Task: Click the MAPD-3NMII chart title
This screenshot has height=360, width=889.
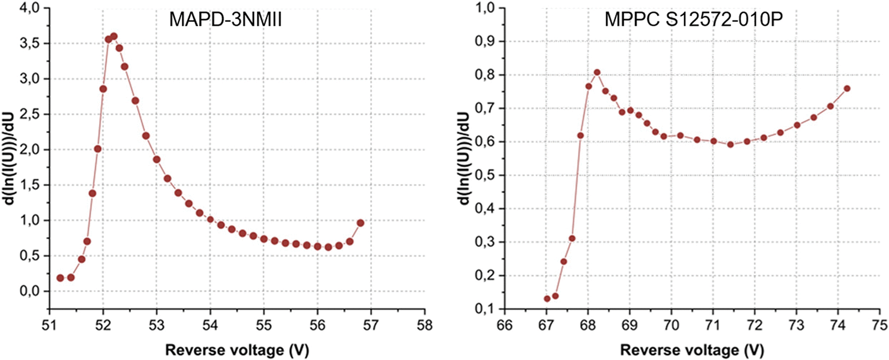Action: click(x=225, y=19)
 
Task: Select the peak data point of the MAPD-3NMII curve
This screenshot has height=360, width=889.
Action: click(x=114, y=37)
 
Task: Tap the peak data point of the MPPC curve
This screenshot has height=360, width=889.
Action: click(x=597, y=72)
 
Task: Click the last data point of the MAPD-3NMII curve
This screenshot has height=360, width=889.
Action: click(x=361, y=223)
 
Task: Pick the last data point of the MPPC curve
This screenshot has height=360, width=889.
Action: click(x=847, y=88)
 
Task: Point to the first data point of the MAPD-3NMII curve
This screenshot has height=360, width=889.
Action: click(x=60, y=278)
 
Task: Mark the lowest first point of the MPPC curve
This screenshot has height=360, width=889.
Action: click(x=547, y=298)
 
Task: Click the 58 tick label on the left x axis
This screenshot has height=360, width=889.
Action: click(x=425, y=326)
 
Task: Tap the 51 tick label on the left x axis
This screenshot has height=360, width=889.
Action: click(x=49, y=326)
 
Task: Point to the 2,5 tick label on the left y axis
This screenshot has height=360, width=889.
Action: click(x=30, y=114)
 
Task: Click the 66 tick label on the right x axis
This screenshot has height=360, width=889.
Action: click(x=505, y=326)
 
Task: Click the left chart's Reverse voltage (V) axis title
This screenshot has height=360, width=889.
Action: click(x=237, y=350)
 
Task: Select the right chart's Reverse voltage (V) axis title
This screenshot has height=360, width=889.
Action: click(x=692, y=350)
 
